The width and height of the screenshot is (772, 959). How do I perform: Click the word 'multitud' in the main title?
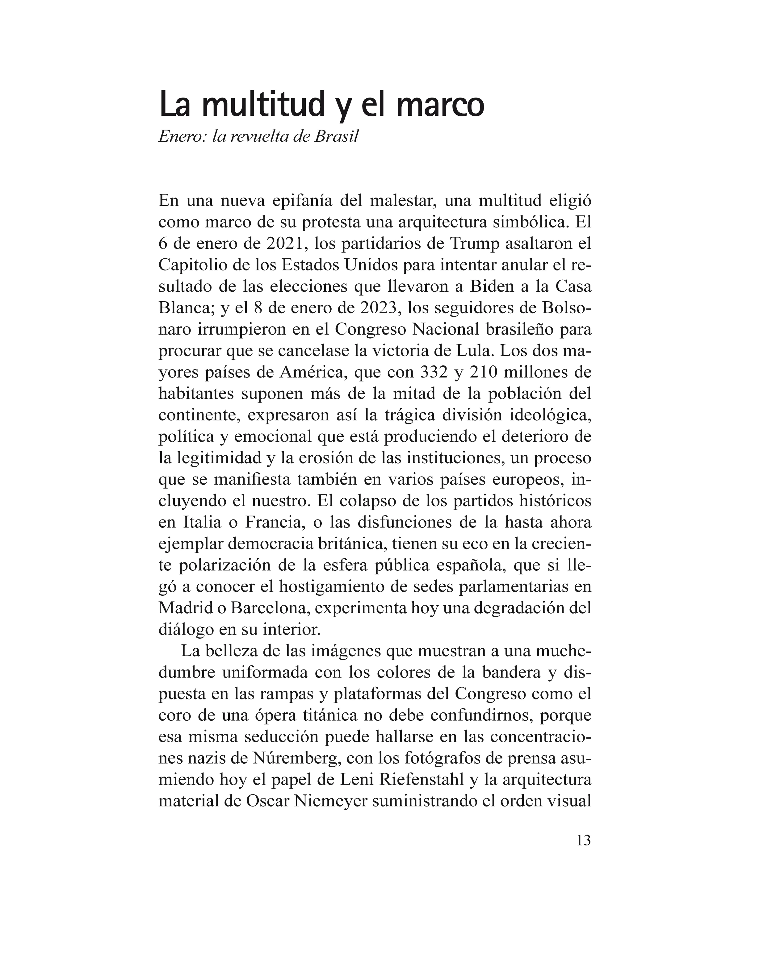coord(262,105)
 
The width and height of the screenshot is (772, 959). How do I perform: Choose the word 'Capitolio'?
coord(196,265)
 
